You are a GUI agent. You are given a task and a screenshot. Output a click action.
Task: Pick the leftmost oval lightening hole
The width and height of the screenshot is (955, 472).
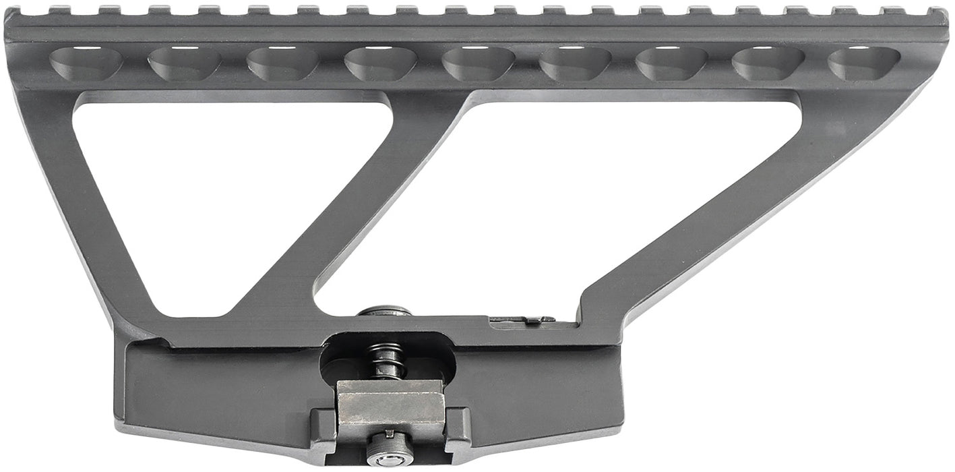[x=86, y=63]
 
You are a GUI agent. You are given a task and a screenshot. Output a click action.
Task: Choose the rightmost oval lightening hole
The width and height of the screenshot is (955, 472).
[x=863, y=63]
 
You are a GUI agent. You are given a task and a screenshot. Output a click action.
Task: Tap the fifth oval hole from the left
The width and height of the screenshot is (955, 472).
[x=478, y=63]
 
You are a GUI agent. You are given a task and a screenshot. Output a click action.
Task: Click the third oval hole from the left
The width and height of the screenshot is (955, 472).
[x=282, y=63]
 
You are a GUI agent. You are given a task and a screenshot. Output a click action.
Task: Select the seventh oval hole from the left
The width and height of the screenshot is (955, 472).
[x=671, y=63]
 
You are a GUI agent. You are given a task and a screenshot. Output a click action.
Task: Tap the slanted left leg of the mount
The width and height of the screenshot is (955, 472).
[x=88, y=223]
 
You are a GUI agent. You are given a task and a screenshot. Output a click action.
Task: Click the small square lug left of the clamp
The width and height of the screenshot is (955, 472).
[x=322, y=425]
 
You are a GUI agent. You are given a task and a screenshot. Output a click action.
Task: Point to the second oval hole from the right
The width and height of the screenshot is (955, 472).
[x=768, y=63]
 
